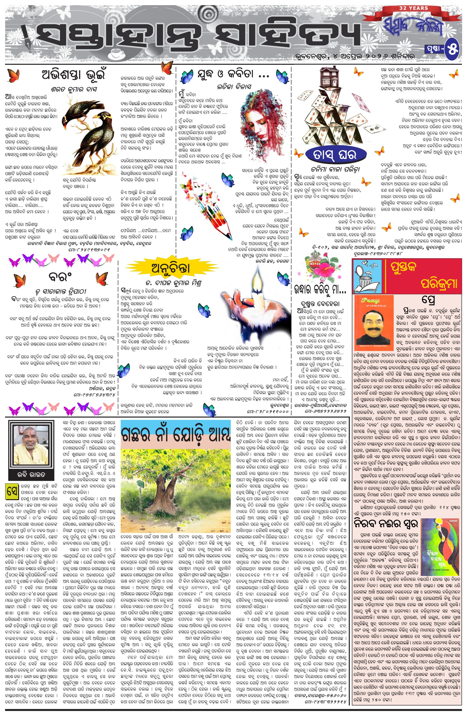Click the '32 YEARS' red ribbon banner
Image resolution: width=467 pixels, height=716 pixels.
click(x=413, y=8)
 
